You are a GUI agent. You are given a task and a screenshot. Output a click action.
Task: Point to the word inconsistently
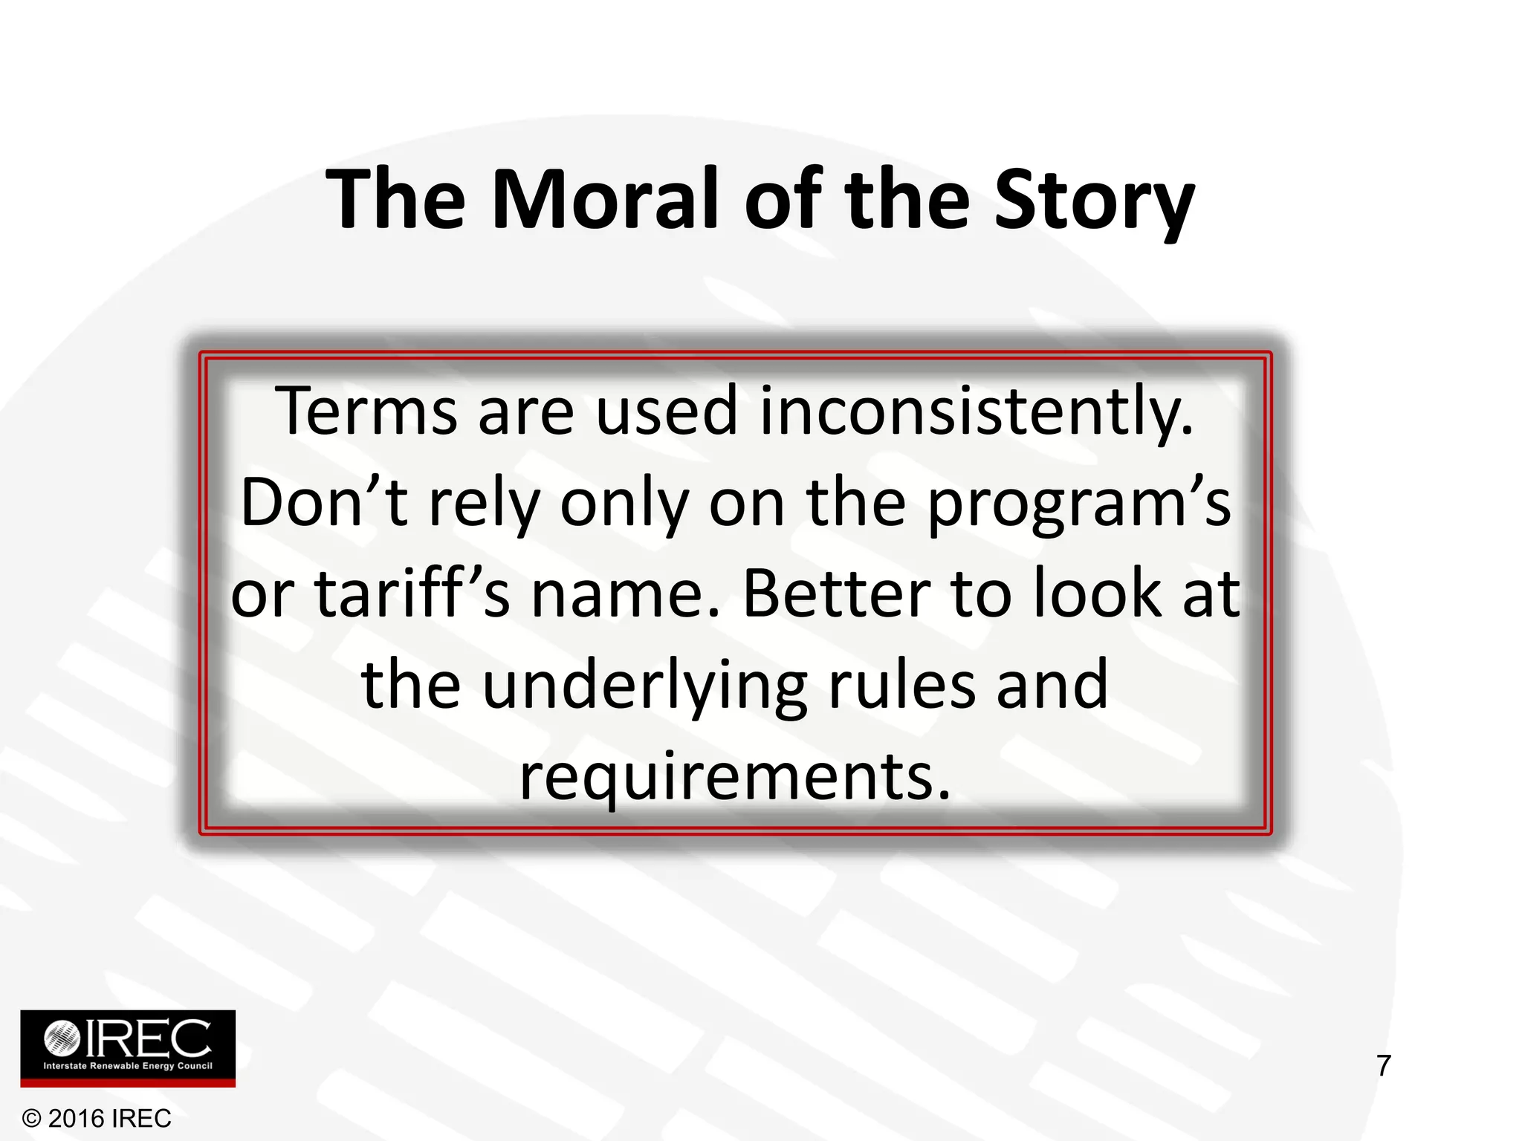(x=976, y=413)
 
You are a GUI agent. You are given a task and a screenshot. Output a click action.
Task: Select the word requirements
(x=734, y=778)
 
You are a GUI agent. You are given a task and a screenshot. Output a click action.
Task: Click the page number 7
(x=1383, y=1066)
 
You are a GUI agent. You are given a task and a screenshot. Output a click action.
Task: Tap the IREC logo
(x=128, y=1048)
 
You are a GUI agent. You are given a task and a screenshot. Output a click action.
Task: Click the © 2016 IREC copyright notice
(x=97, y=1118)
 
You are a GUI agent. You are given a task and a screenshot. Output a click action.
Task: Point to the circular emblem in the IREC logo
(x=62, y=1038)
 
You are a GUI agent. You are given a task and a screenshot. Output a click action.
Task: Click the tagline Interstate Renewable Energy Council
(x=128, y=1066)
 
